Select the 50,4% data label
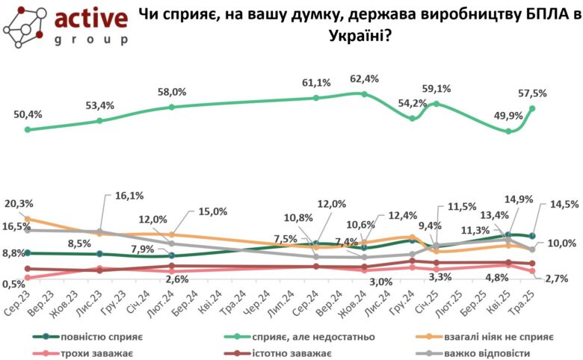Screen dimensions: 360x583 tap(28, 114)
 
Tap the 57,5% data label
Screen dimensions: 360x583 tap(532, 93)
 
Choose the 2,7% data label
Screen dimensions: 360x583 tap(558, 279)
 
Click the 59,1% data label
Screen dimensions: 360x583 tap(438, 89)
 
